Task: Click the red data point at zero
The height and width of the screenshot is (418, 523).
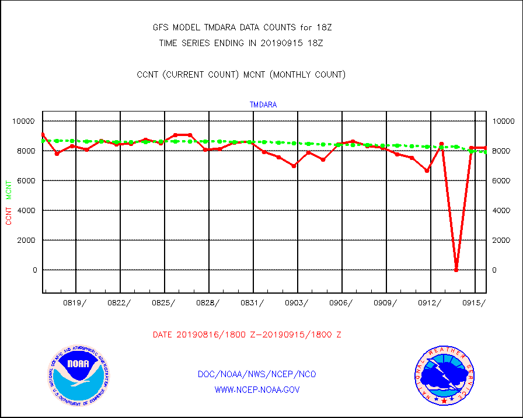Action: [x=456, y=270]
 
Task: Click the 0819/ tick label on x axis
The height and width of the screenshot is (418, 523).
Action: [x=75, y=302]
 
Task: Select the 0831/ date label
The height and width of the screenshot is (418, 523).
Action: [x=252, y=302]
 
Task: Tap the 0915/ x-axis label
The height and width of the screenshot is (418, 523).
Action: [x=474, y=302]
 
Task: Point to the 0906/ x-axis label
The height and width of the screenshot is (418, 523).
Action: [x=341, y=302]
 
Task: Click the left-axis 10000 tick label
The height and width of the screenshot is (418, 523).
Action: [x=24, y=121]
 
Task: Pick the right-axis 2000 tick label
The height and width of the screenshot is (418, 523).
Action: [x=503, y=240]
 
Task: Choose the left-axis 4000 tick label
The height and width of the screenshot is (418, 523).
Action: [x=26, y=210]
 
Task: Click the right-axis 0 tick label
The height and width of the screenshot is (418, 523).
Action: [x=496, y=270]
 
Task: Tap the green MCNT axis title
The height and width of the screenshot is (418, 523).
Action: [x=9, y=190]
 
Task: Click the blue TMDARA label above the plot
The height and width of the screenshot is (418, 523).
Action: [x=263, y=105]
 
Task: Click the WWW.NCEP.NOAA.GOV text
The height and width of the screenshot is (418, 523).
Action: [x=257, y=389]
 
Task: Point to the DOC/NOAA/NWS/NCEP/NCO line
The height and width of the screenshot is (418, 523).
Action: [x=257, y=374]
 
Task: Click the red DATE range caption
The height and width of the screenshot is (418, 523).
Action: [x=247, y=335]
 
